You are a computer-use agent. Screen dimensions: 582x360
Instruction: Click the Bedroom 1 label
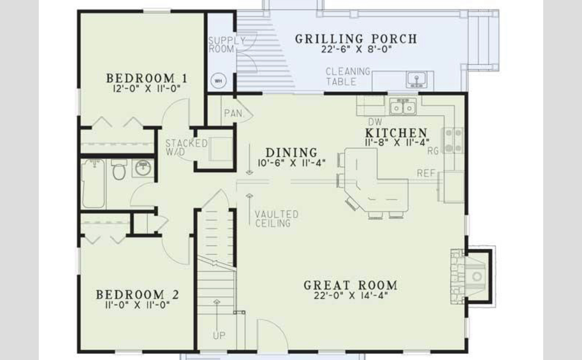point(146,78)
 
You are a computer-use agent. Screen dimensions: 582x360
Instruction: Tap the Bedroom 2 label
point(138,295)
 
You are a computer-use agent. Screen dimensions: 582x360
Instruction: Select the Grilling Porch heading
point(356,39)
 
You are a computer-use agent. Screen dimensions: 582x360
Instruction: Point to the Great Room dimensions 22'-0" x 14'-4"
point(351,295)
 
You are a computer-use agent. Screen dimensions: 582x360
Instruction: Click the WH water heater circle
point(219,81)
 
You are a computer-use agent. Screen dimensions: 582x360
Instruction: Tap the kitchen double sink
point(402,107)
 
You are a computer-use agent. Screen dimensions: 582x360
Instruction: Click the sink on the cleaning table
point(416,80)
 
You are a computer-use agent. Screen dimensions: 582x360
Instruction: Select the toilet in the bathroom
point(119,170)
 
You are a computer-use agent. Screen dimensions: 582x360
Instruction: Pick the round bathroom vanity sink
point(143,168)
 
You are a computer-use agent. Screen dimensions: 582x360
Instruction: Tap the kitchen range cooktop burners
point(453,140)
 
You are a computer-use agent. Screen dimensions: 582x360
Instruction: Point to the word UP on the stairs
point(219,336)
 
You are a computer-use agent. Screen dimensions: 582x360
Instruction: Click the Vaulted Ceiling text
point(277,219)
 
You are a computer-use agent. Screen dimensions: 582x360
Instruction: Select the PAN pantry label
point(233,113)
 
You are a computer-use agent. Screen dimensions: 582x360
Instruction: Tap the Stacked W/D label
point(186,147)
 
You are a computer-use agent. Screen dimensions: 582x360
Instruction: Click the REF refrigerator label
point(426,173)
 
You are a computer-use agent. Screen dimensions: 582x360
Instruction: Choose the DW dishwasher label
point(375,122)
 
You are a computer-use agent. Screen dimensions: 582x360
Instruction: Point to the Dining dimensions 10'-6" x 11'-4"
point(292,162)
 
